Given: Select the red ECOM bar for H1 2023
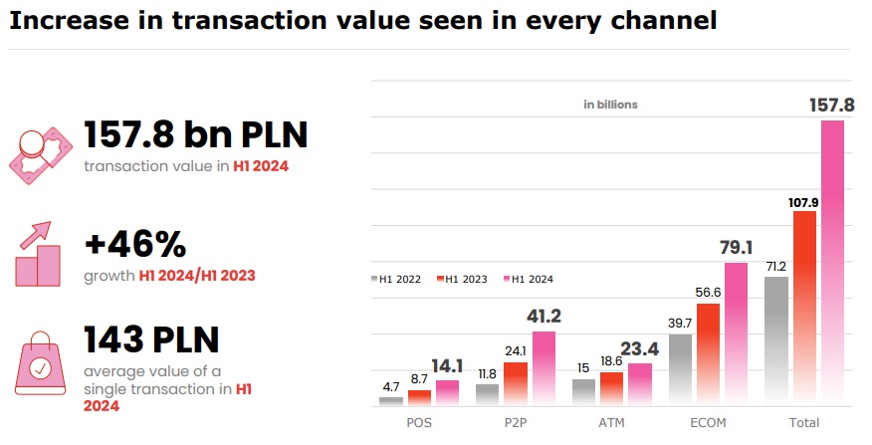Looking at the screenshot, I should point(708,354).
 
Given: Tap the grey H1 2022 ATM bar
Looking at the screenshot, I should point(583,392).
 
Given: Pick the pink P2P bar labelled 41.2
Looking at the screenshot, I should point(544,368).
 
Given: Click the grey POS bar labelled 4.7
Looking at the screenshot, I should point(391,401).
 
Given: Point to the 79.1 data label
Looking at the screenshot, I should point(736,247).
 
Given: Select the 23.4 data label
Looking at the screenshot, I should point(640,348).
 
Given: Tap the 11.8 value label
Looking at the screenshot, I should point(487,374).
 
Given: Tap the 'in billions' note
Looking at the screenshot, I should point(610,104).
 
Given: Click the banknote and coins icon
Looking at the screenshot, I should point(40,150).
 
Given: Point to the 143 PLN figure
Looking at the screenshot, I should point(151,339).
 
